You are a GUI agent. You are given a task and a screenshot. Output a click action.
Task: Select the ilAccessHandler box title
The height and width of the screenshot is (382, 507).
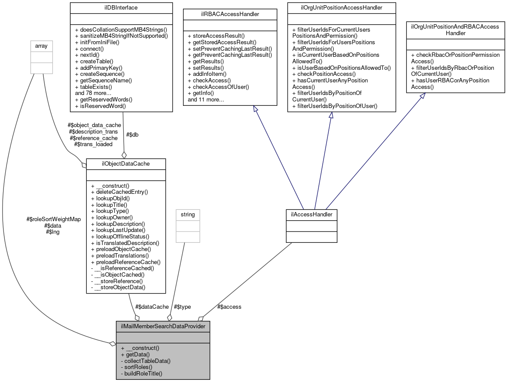coord(311,214)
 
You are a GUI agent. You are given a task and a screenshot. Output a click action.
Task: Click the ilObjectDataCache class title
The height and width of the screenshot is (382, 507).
coord(126,163)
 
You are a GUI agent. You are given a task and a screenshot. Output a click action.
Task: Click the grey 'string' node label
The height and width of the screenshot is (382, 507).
coord(187,214)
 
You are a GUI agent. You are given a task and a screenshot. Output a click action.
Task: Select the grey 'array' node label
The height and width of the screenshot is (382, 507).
coord(41,45)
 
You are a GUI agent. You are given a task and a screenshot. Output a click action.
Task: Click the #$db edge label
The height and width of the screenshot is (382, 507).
coord(132,134)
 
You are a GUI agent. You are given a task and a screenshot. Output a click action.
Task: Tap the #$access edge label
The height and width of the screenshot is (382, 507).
coord(228,307)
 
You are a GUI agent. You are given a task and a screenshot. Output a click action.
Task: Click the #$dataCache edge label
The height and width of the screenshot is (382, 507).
coord(151,307)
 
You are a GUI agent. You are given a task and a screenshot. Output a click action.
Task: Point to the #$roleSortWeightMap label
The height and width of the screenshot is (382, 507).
coord(53,219)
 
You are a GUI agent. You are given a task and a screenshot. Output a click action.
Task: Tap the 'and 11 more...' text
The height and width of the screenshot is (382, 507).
coord(206,100)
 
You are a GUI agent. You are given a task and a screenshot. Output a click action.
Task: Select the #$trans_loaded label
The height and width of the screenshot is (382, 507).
coord(93,144)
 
